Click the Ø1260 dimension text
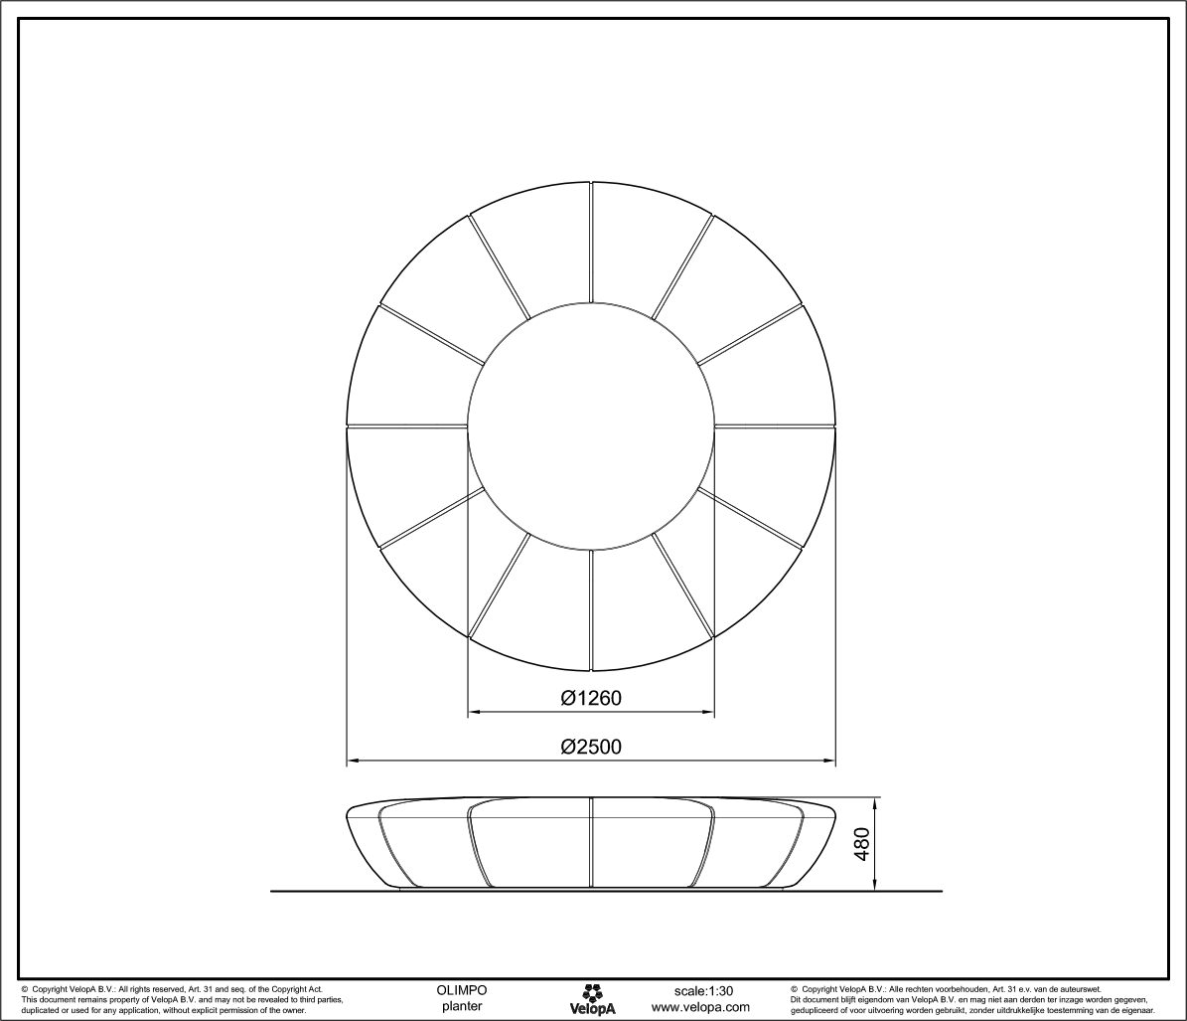[x=590, y=698]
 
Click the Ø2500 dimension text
[x=590, y=747]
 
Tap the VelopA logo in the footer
[x=592, y=999]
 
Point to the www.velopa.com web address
[x=700, y=1007]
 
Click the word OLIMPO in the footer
[x=462, y=991]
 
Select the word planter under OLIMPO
[x=462, y=1007]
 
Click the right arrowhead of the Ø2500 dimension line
[x=829, y=763]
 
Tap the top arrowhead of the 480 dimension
[x=875, y=802]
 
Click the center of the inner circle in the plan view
[x=591, y=426]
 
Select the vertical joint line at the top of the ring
[x=591, y=243]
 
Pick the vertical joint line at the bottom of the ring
[x=591, y=609]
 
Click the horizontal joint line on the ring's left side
[x=407, y=427]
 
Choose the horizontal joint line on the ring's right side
[x=775, y=427]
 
